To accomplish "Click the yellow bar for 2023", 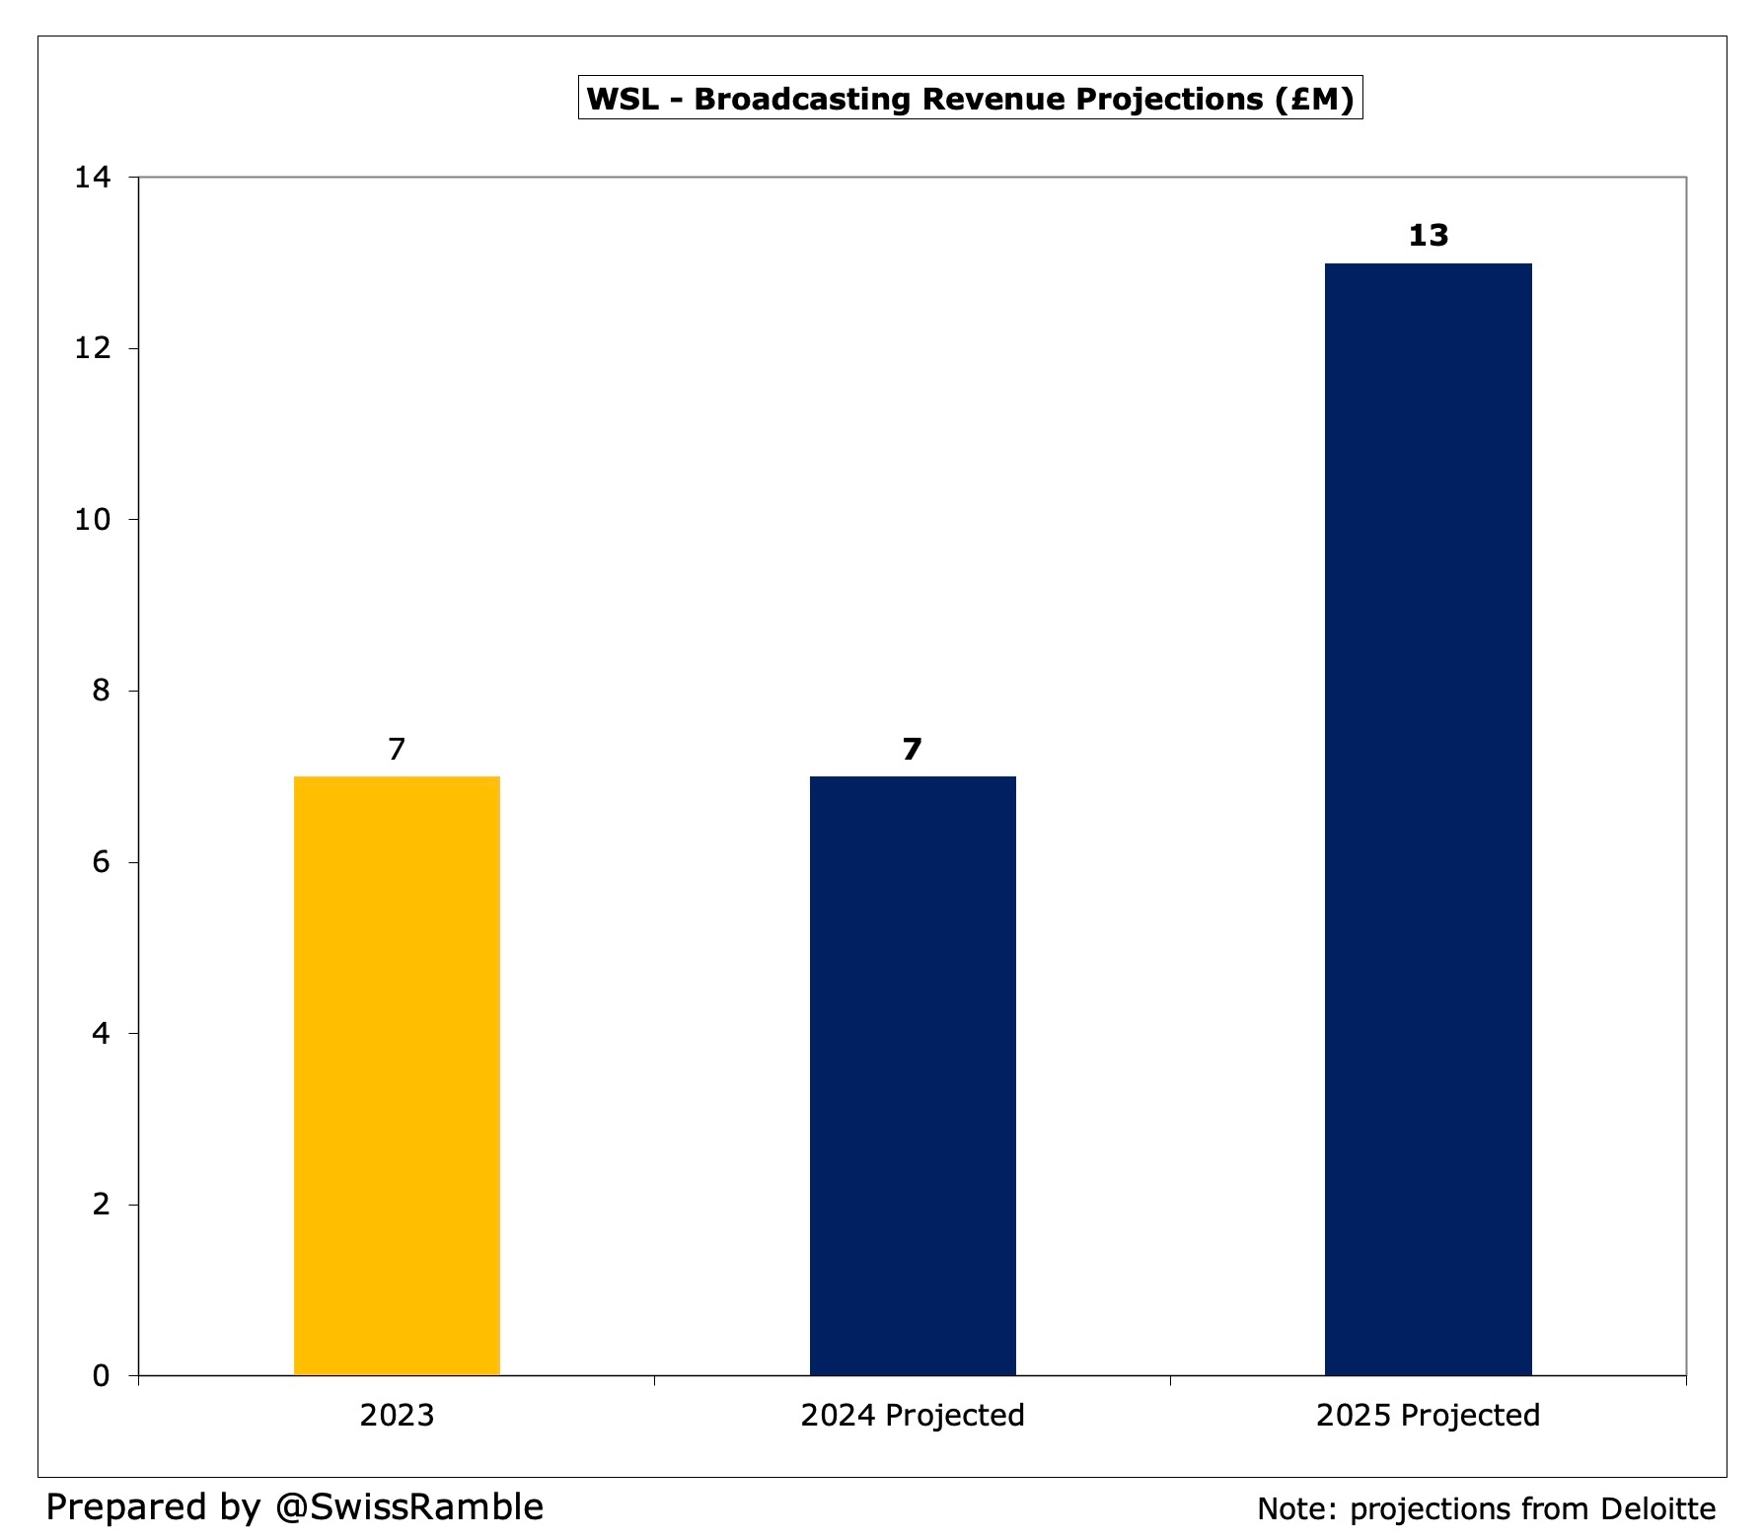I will click(x=397, y=1075).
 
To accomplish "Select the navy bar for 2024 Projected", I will click(x=913, y=1075).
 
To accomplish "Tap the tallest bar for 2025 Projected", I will click(x=1428, y=819).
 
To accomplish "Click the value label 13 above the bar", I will click(x=1428, y=236).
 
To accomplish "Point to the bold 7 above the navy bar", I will click(x=913, y=750).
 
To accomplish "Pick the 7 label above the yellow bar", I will click(x=397, y=750).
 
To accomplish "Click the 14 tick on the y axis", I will click(x=94, y=178).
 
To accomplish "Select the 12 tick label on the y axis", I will click(x=94, y=348).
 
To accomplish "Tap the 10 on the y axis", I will click(x=94, y=520).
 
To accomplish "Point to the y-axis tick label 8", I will click(x=102, y=691).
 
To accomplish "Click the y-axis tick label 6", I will click(x=102, y=862).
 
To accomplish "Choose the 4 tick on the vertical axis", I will click(x=102, y=1033).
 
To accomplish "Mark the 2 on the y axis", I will click(x=102, y=1205).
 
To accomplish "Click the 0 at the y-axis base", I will click(x=102, y=1375).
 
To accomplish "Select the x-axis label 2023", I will click(x=397, y=1416).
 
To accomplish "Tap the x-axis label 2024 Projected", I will click(x=913, y=1416).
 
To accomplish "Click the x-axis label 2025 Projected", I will click(x=1428, y=1416).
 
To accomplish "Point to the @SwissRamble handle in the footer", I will click(x=408, y=1506).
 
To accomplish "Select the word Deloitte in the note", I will click(x=1657, y=1508).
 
